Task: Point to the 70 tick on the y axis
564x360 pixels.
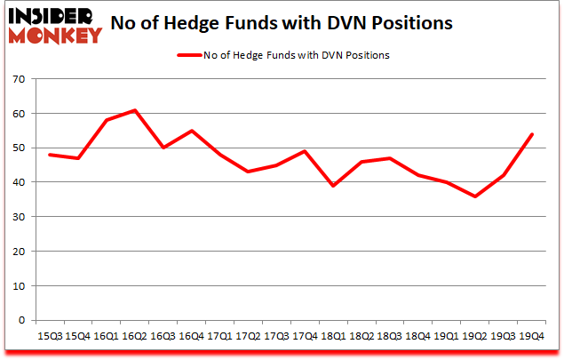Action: [x=18, y=79]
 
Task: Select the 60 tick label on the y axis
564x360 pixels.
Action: [x=18, y=114]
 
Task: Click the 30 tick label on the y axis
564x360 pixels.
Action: [x=18, y=217]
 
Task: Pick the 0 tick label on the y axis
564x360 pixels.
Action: [x=21, y=320]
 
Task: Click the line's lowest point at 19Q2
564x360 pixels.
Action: [x=474, y=196]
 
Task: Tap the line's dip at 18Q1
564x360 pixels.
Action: [x=332, y=186]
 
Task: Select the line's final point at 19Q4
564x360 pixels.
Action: [x=531, y=134]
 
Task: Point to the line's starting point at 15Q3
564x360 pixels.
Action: [x=49, y=155]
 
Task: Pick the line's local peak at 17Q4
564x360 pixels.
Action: [x=304, y=151]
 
